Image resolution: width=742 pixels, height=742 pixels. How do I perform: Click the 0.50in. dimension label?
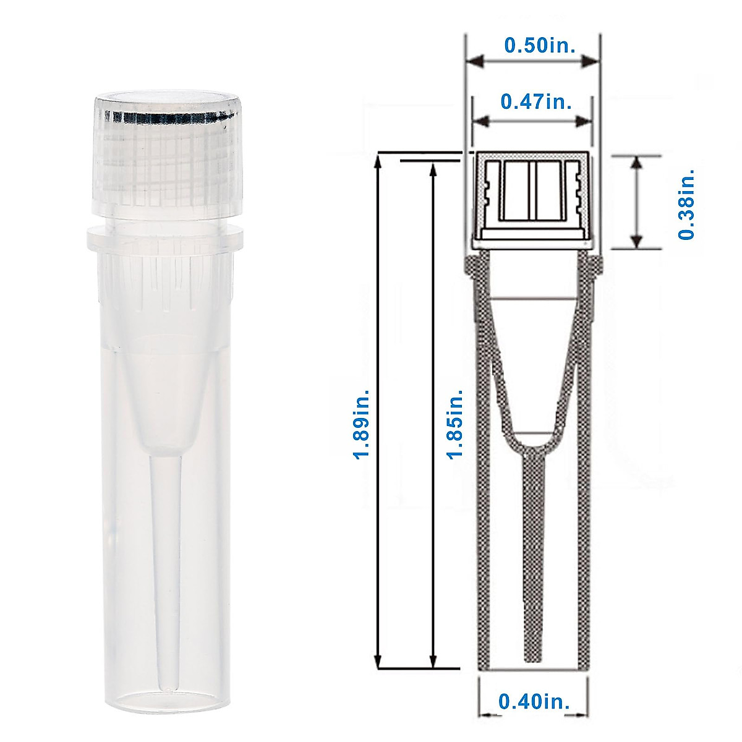(x=532, y=45)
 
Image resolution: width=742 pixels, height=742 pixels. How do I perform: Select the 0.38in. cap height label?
(x=686, y=203)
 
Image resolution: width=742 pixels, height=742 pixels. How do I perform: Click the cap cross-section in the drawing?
(x=532, y=198)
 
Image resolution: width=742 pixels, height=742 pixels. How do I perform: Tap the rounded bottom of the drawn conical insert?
(x=532, y=444)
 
